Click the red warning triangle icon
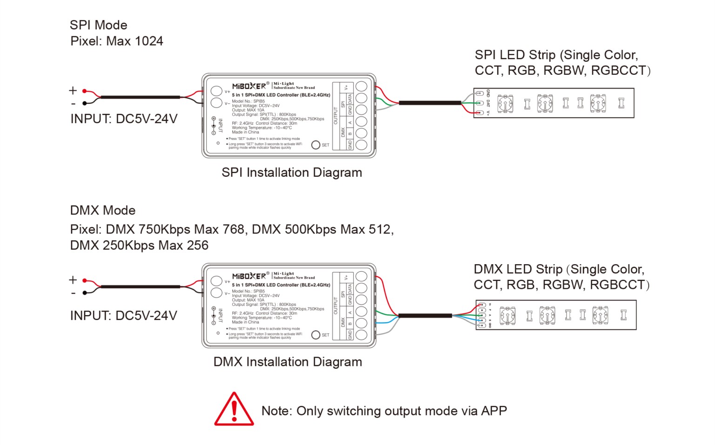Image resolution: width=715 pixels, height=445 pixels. pyautogui.click(x=234, y=410)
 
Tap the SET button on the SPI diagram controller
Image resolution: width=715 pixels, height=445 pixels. pyautogui.click(x=316, y=145)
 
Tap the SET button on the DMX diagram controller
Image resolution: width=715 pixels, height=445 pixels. pyautogui.click(x=316, y=335)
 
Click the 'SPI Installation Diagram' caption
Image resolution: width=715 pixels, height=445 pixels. pyautogui.click(x=291, y=173)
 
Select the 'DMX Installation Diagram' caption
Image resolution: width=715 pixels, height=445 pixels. pyautogui.click(x=287, y=362)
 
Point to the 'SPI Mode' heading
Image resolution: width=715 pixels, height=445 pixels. pyautogui.click(x=98, y=25)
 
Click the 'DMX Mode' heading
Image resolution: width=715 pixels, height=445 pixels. pyautogui.click(x=102, y=210)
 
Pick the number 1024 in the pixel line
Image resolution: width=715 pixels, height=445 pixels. pyautogui.click(x=148, y=41)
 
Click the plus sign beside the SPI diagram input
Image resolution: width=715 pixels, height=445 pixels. pyautogui.click(x=73, y=90)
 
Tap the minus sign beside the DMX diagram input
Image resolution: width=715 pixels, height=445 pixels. pyautogui.click(x=73, y=293)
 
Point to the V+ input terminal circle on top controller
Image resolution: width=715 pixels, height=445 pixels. pyautogui.click(x=216, y=91)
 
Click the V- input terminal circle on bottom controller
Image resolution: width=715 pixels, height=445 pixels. pyautogui.click(x=216, y=293)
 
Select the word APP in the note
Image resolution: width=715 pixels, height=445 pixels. pyautogui.click(x=494, y=411)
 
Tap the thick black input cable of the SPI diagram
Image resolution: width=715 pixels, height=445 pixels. pyautogui.click(x=140, y=97)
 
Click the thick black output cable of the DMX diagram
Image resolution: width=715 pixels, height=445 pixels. pyautogui.click(x=425, y=316)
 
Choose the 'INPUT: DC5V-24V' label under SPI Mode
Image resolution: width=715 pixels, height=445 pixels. pyautogui.click(x=124, y=119)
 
